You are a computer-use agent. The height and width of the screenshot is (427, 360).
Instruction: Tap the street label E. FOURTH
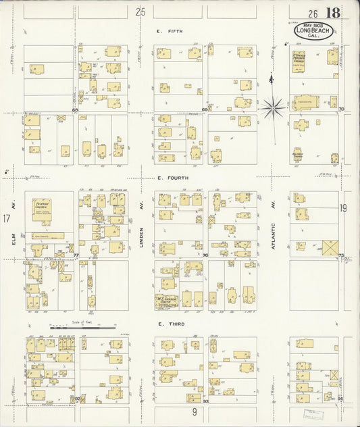click(x=173, y=178)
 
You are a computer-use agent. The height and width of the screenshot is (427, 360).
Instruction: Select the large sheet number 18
click(x=332, y=13)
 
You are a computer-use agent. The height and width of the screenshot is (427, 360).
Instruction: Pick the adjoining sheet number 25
click(x=140, y=11)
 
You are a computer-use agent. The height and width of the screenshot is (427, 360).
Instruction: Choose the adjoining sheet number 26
click(x=313, y=14)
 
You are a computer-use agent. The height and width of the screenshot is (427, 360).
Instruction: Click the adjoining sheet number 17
click(x=6, y=218)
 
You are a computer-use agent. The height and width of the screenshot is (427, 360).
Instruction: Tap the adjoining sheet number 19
click(x=343, y=209)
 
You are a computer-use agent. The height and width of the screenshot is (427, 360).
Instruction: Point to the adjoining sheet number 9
click(x=193, y=411)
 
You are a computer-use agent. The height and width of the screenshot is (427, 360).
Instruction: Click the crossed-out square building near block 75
click(x=331, y=248)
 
